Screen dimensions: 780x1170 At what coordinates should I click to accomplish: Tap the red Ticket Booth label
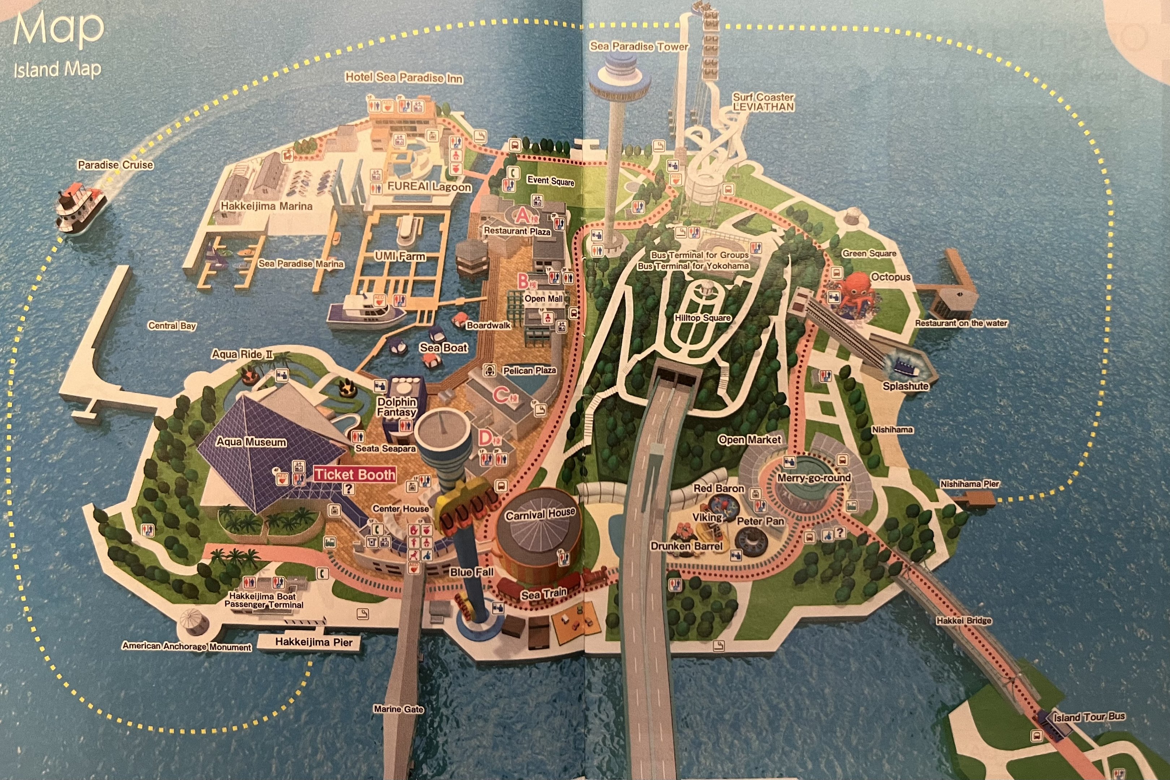pyautogui.click(x=355, y=474)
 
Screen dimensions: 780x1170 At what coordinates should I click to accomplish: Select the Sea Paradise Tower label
pyautogui.click(x=639, y=47)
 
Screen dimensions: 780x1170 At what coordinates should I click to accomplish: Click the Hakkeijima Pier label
pyautogui.click(x=314, y=642)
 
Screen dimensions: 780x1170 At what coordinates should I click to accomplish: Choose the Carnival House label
pyautogui.click(x=540, y=514)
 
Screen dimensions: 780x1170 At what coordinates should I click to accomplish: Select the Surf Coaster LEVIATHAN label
pyautogui.click(x=763, y=102)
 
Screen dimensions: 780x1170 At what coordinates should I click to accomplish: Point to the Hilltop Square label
pyautogui.click(x=703, y=318)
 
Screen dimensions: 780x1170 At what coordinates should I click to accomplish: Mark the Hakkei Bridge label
pyautogui.click(x=963, y=621)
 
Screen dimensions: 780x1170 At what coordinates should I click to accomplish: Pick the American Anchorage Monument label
pyautogui.click(x=186, y=646)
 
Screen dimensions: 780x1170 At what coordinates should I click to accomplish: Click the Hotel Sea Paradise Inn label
pyautogui.click(x=403, y=78)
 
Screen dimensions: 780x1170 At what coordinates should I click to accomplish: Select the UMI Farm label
pyautogui.click(x=400, y=256)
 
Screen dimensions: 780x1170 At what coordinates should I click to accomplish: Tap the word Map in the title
pyautogui.click(x=59, y=29)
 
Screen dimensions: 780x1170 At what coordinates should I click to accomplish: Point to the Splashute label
pyautogui.click(x=905, y=386)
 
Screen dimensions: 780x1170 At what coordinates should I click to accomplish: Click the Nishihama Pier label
pyautogui.click(x=969, y=484)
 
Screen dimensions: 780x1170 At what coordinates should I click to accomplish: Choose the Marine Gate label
pyautogui.click(x=398, y=709)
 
